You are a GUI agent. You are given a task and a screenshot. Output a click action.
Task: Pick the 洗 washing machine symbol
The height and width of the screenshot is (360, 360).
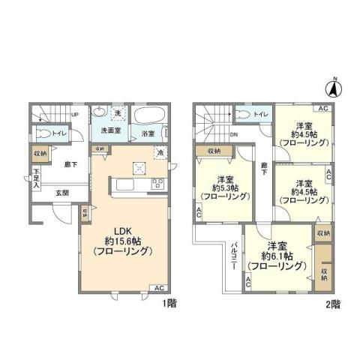point(116,114)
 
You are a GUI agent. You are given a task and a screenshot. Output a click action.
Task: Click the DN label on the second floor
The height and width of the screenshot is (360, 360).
point(234,135)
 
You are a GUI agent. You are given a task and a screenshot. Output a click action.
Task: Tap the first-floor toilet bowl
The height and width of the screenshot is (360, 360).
point(46,133)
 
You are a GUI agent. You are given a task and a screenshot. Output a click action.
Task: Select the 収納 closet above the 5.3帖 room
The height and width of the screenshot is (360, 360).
point(213,151)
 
